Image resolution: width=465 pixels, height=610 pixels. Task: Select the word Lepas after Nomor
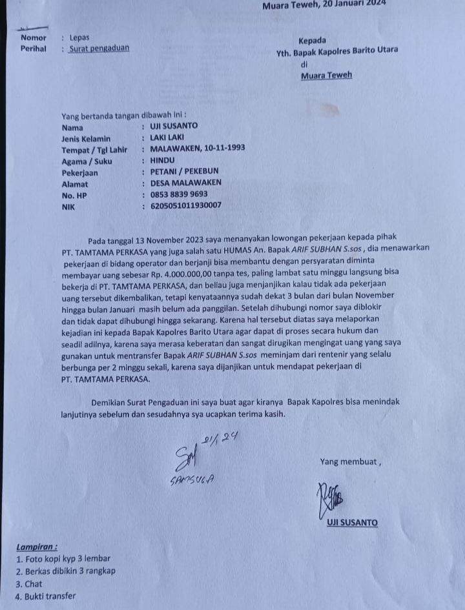pos(79,37)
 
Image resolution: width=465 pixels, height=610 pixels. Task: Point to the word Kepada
pos(313,40)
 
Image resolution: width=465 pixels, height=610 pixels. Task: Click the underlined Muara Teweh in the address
pos(326,75)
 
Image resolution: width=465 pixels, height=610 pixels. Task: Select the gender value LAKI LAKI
pos(167,137)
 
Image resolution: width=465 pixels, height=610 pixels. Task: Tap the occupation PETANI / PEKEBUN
pos(184,172)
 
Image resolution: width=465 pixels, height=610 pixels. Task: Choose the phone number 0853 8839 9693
pos(179,194)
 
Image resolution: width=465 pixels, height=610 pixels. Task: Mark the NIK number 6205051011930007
pos(186,206)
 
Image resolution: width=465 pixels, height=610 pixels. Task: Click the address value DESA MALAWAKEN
pos(185,183)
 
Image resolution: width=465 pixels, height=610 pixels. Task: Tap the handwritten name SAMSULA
pos(191,480)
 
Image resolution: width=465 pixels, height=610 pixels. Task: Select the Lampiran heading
pos(38,546)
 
